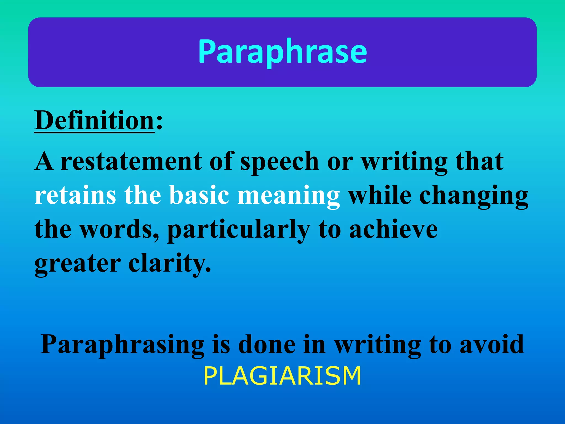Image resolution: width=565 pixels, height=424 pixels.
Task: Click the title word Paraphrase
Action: click(282, 52)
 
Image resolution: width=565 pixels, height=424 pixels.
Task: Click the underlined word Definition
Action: click(94, 120)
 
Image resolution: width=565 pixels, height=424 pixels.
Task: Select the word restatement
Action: click(131, 161)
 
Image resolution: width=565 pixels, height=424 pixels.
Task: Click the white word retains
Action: click(75, 195)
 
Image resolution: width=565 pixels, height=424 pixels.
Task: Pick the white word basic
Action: click(199, 195)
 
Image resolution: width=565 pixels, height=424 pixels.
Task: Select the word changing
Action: click(474, 197)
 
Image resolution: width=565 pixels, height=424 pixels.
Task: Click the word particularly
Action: click(239, 230)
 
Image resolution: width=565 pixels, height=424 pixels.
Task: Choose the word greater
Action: click(78, 264)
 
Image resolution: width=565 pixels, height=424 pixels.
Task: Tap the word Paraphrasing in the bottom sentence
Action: click(122, 345)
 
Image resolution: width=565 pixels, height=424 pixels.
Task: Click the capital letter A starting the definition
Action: click(44, 161)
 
